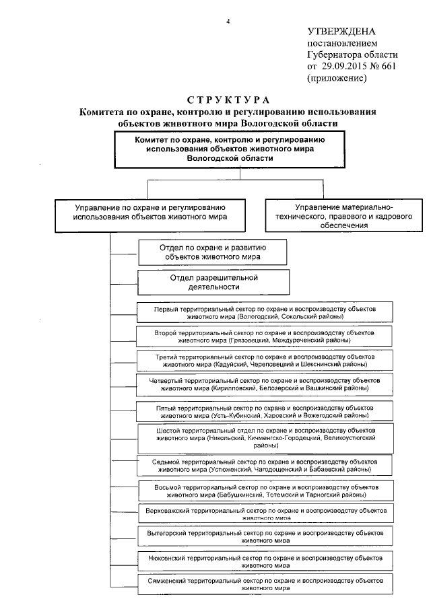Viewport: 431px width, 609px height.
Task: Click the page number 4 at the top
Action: tap(228, 22)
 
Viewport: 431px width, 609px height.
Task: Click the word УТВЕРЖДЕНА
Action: tap(341, 31)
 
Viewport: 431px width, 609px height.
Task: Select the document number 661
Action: tap(389, 67)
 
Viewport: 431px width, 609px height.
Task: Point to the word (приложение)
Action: tap(337, 78)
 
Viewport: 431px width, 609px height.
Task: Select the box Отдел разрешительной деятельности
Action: tap(214, 282)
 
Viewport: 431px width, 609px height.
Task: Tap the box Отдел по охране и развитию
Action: tap(213, 252)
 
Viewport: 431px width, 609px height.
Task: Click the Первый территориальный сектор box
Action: tap(264, 312)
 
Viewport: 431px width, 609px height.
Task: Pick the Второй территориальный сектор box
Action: tap(264, 336)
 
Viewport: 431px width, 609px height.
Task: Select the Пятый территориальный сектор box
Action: tap(264, 411)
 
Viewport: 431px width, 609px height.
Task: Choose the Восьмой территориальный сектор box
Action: tap(264, 491)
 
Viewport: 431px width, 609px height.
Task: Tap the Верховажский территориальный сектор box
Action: tap(264, 514)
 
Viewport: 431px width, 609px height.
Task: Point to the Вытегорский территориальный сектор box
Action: tap(264, 536)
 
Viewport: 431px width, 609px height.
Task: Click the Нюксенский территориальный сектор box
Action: tap(264, 561)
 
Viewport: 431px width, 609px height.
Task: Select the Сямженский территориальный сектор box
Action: tap(264, 583)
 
